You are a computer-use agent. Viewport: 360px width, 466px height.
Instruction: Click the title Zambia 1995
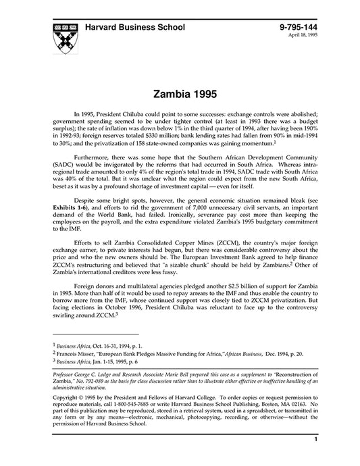(x=180, y=90)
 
